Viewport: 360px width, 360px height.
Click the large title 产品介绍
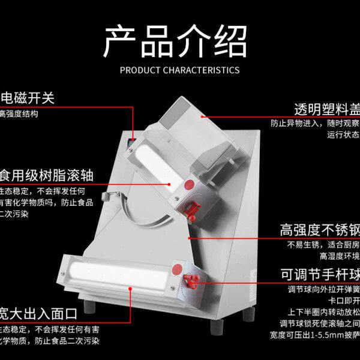click(x=175, y=41)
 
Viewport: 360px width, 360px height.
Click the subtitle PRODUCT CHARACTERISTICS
click(x=179, y=70)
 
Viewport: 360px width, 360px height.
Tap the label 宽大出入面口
click(x=38, y=313)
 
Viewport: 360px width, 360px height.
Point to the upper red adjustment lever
click(x=193, y=208)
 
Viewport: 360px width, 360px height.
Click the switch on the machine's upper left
click(x=131, y=143)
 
